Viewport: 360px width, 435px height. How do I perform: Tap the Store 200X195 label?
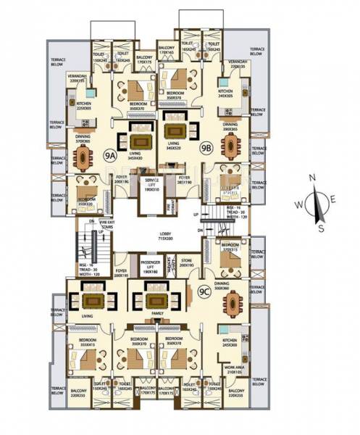tap(187, 263)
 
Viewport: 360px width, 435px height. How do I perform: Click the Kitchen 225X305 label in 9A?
tap(86, 107)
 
